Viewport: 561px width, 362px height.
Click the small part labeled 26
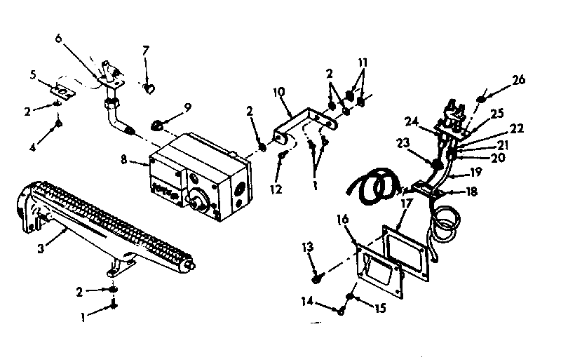click(x=482, y=98)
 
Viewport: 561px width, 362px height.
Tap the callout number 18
click(x=472, y=191)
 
